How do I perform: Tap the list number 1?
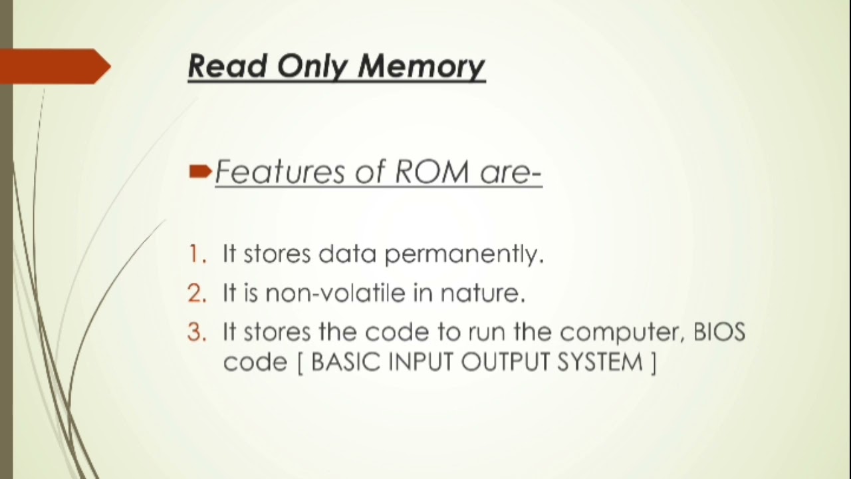click(x=195, y=253)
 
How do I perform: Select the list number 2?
click(x=196, y=293)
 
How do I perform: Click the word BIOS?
click(x=719, y=332)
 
